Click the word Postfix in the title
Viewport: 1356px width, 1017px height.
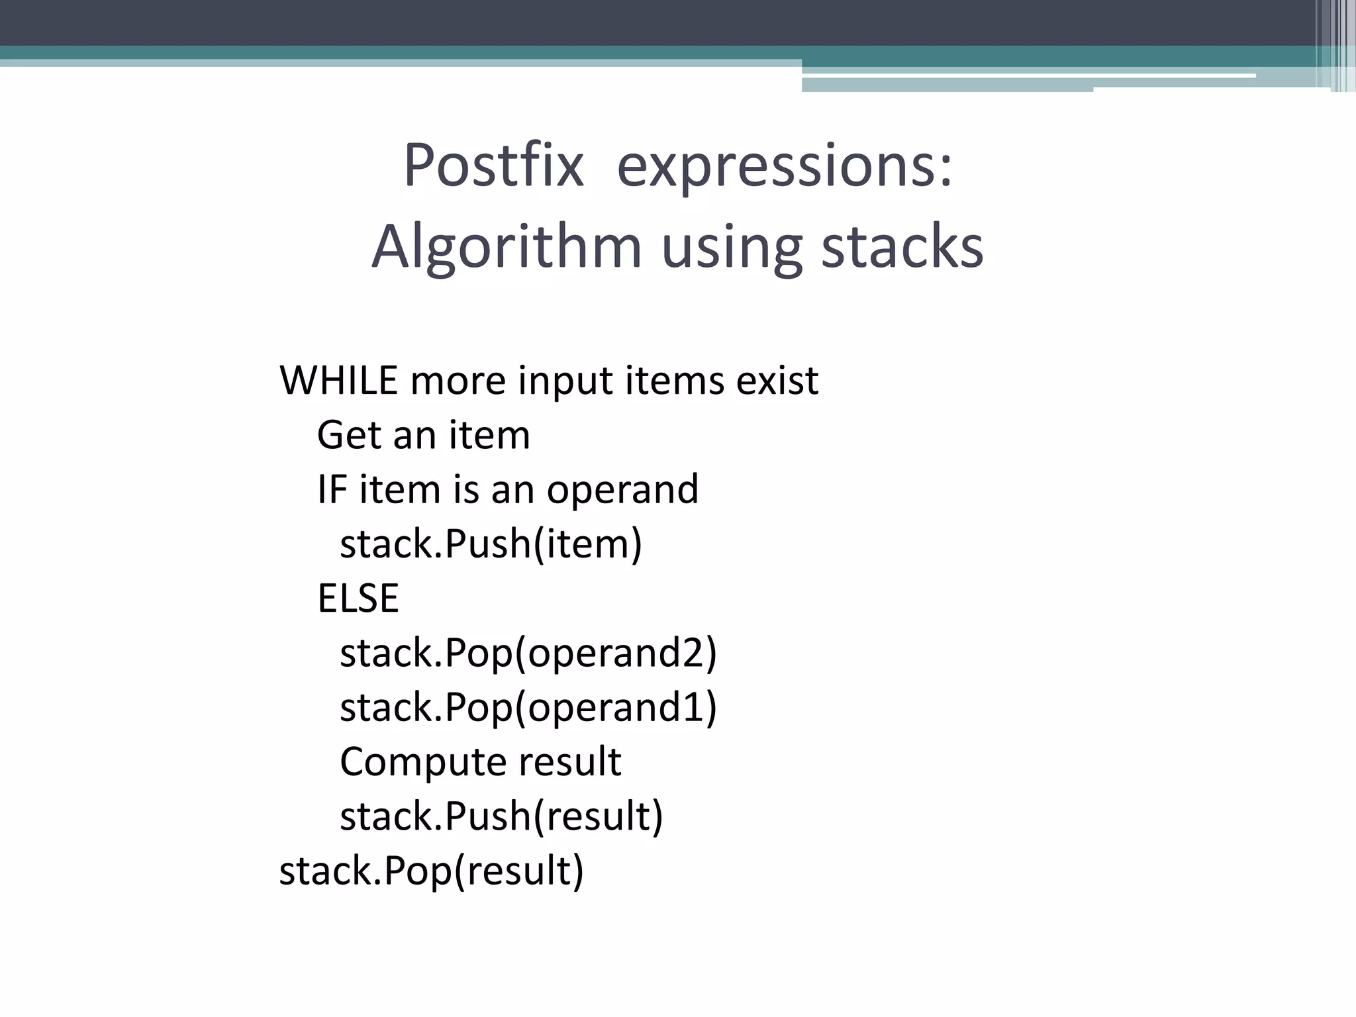point(493,166)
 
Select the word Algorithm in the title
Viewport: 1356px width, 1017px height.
point(507,248)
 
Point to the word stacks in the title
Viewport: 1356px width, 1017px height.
point(902,246)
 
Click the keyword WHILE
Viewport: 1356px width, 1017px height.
point(338,381)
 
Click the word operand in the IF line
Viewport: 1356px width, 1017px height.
point(622,490)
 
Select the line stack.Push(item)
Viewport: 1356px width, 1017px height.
point(491,544)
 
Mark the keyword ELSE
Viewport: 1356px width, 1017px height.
point(358,599)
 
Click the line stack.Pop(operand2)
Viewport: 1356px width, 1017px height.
point(528,653)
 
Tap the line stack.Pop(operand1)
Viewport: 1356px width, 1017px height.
point(528,707)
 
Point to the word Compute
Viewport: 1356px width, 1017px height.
point(423,761)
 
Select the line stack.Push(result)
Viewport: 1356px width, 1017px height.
point(501,816)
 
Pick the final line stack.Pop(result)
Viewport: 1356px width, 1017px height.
point(432,870)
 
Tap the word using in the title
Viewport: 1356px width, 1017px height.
point(732,248)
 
